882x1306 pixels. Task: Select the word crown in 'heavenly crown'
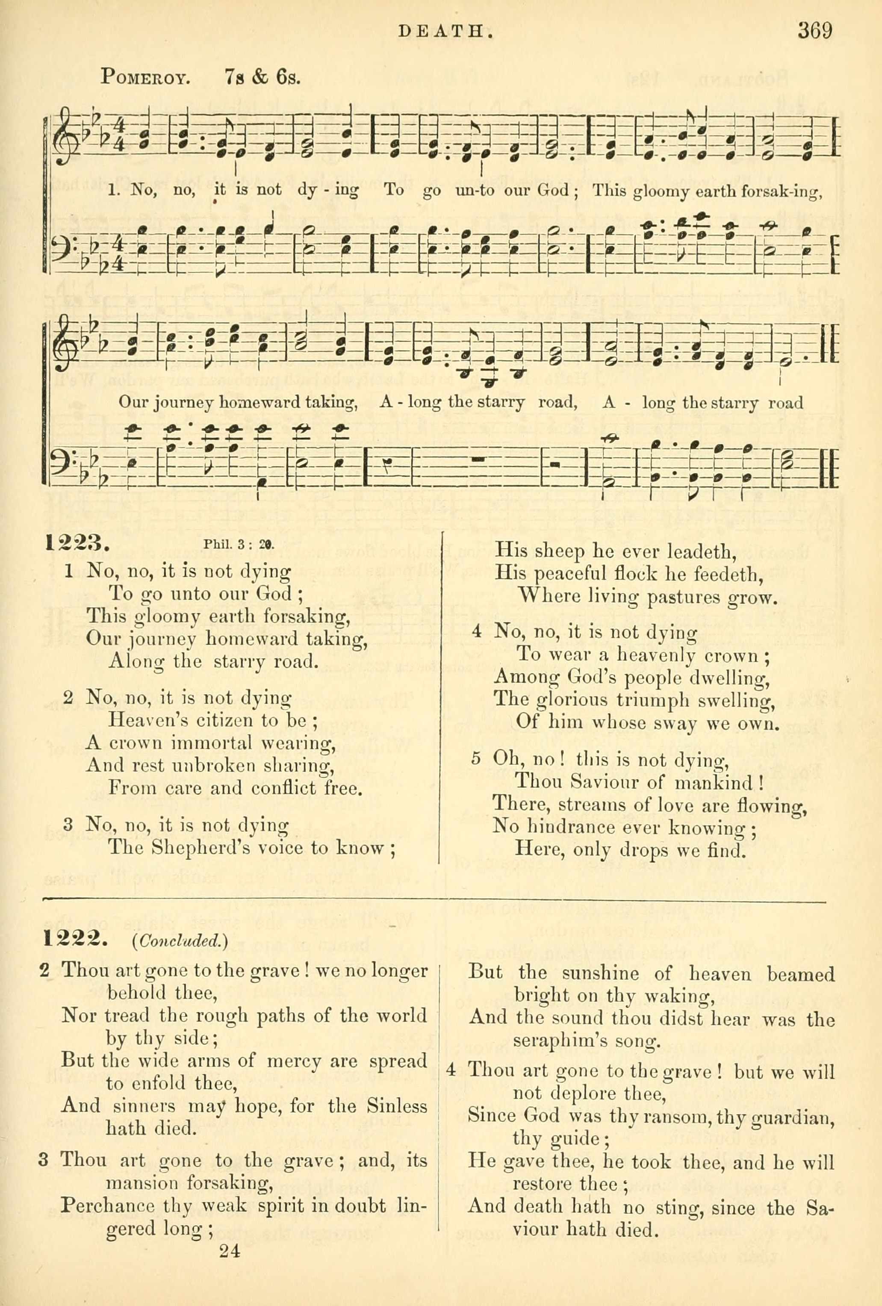tap(729, 656)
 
